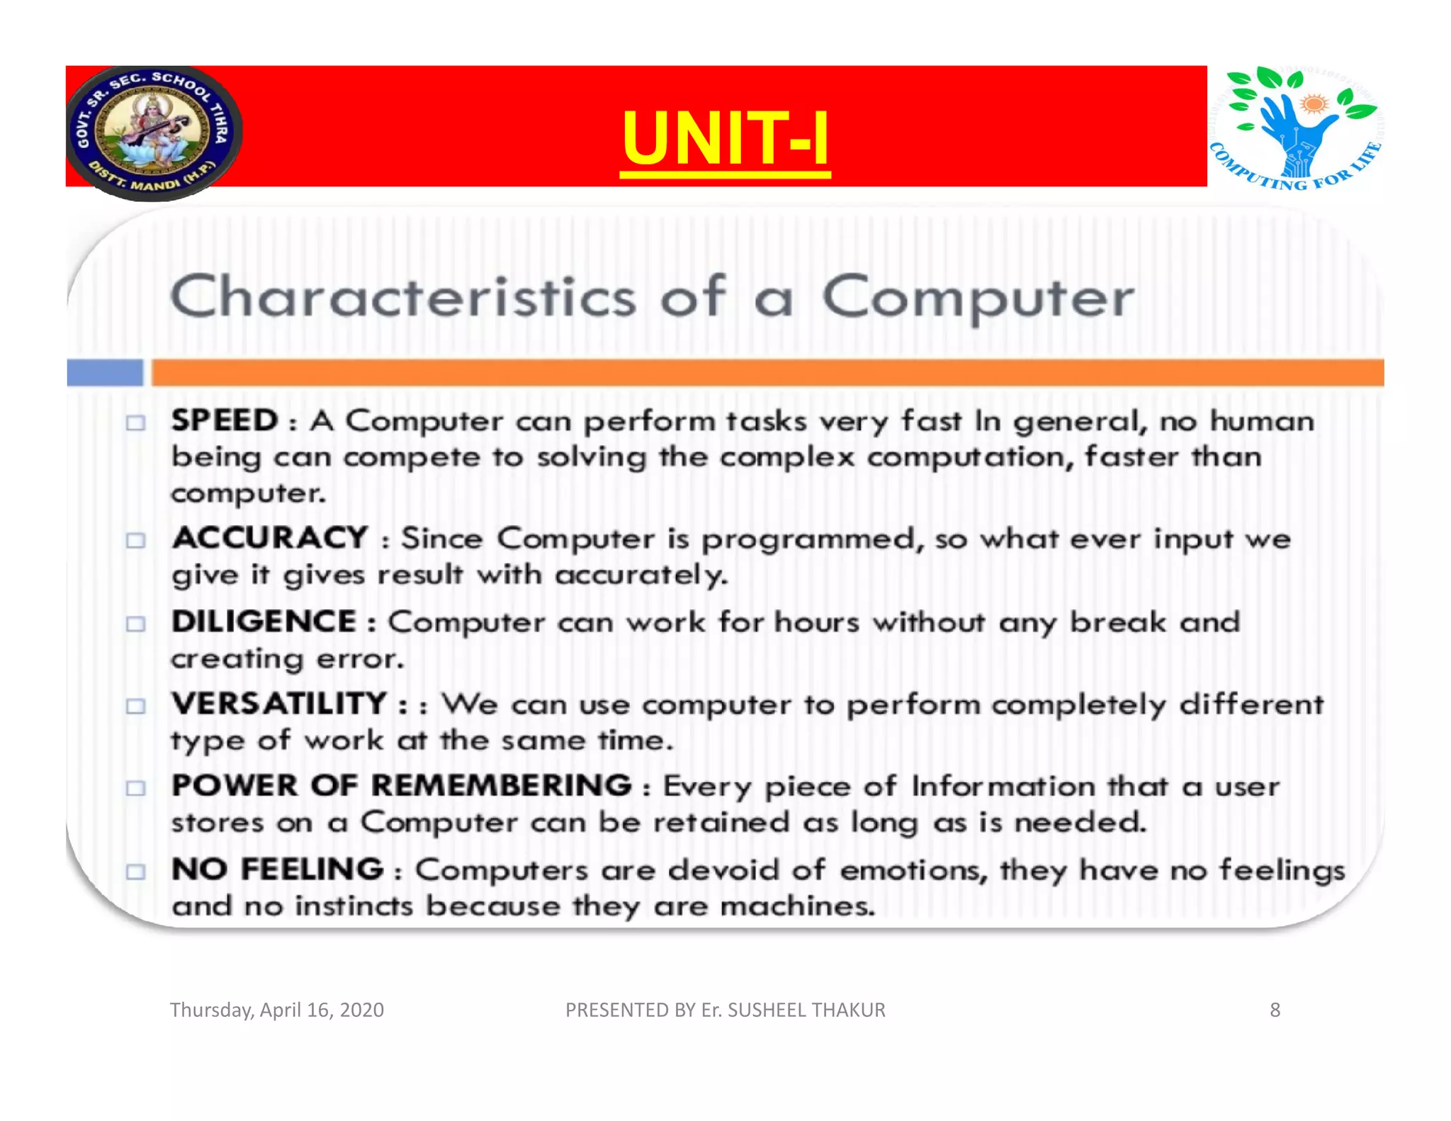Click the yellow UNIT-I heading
(725, 138)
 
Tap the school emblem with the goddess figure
(154, 133)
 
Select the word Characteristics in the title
(403, 298)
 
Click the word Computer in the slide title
(978, 298)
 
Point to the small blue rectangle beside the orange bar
(105, 373)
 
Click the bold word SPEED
(225, 421)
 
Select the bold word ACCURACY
(270, 538)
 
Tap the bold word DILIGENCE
(264, 622)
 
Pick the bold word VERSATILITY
(279, 704)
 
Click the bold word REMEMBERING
(501, 786)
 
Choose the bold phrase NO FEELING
(277, 869)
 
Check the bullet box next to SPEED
(135, 423)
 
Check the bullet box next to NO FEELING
(135, 872)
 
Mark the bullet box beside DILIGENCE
(135, 624)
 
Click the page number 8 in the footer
(1275, 1010)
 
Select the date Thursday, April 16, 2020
(277, 1010)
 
